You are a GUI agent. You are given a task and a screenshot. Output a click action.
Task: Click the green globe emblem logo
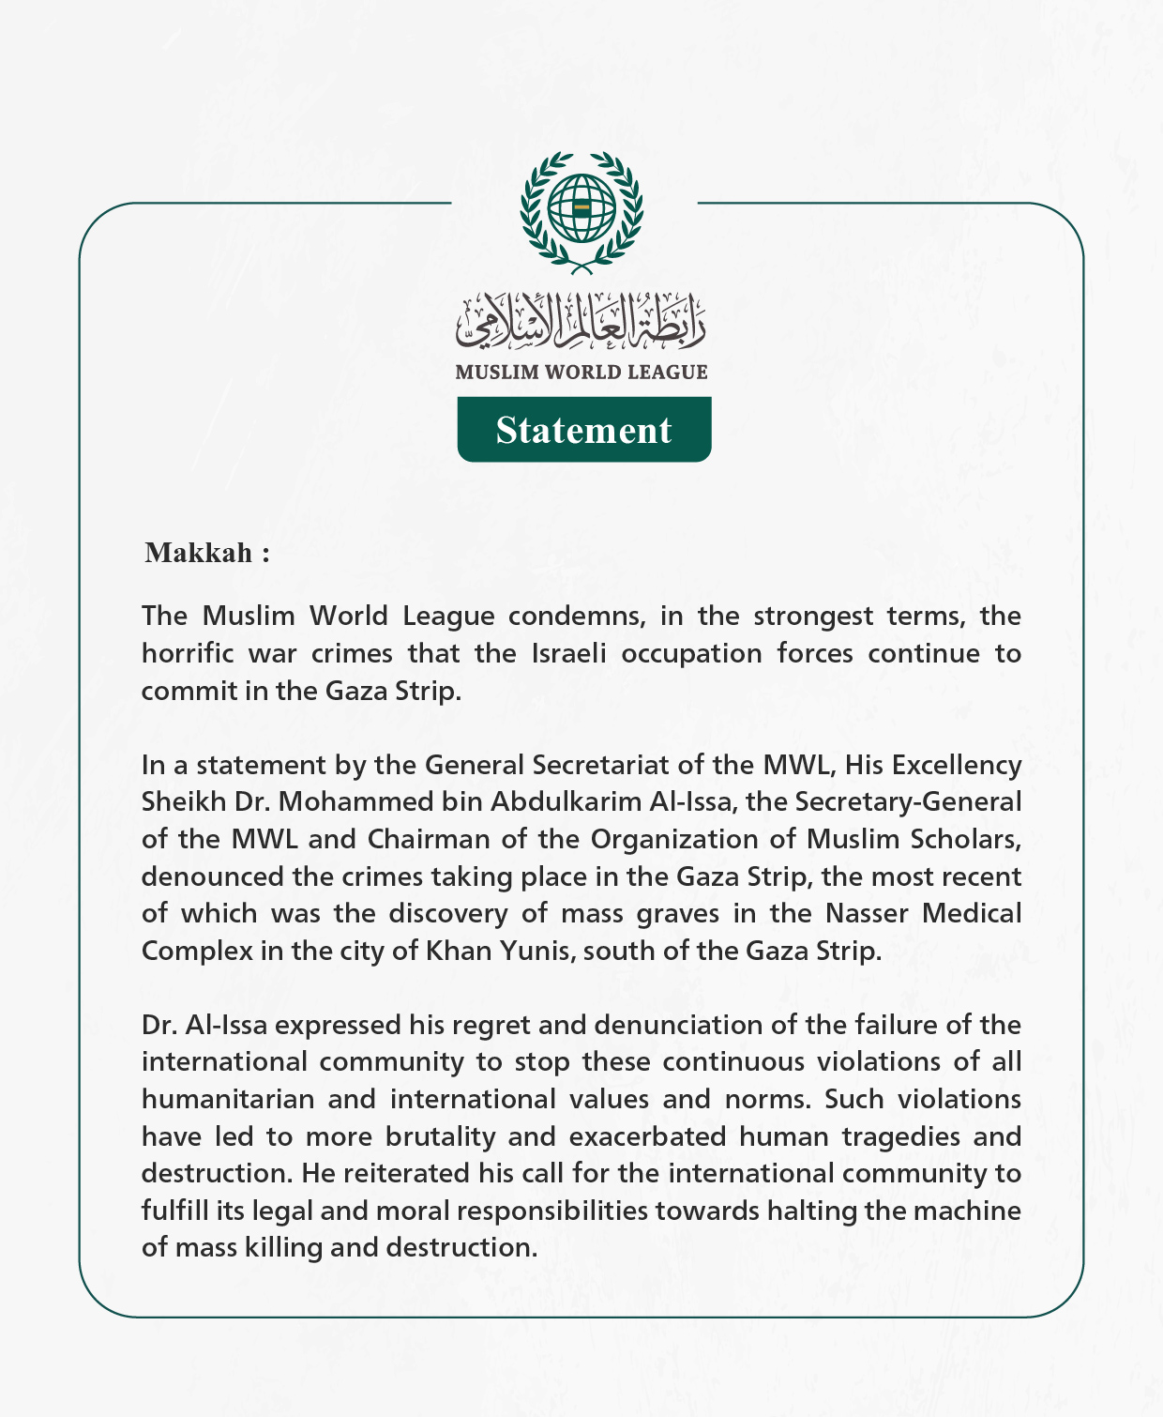pyautogui.click(x=581, y=211)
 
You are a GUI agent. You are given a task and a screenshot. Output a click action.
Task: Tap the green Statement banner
pyautogui.click(x=583, y=430)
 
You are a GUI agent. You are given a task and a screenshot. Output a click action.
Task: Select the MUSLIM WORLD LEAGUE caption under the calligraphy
pyautogui.click(x=581, y=372)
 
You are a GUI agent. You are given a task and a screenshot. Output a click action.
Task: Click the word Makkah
pyautogui.click(x=199, y=553)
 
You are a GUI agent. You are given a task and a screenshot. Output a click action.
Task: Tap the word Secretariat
pyautogui.click(x=601, y=765)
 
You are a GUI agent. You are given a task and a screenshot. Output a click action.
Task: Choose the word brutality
pyautogui.click(x=440, y=1136)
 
